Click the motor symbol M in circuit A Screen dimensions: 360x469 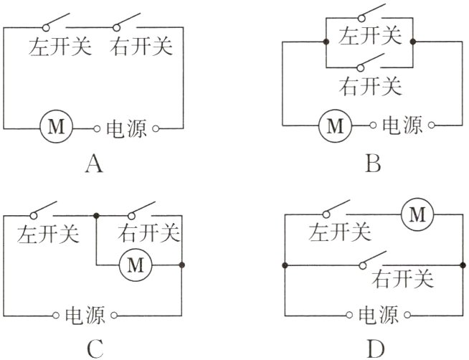pyautogui.click(x=55, y=128)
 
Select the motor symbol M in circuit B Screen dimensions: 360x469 pyautogui.click(x=335, y=126)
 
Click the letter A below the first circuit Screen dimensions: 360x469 pyautogui.click(x=94, y=165)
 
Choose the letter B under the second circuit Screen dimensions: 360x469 pyautogui.click(x=372, y=165)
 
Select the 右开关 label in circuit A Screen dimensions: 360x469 pyautogui.click(x=141, y=47)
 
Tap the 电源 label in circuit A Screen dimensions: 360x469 pyautogui.click(x=126, y=129)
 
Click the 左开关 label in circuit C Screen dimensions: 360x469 pyautogui.click(x=49, y=233)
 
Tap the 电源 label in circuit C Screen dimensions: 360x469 pyautogui.click(x=85, y=315)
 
